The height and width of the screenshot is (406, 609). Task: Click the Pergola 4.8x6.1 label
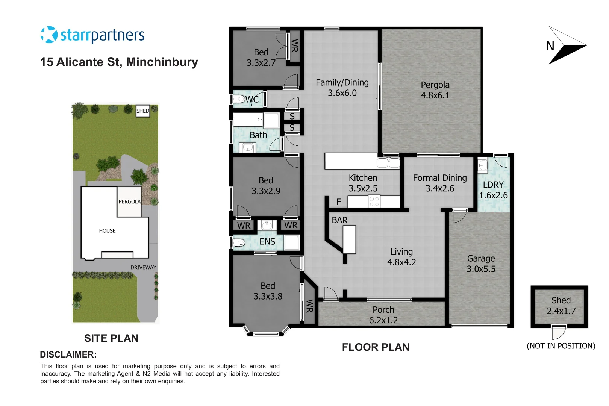(435, 90)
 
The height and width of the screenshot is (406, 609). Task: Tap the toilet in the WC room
(238, 99)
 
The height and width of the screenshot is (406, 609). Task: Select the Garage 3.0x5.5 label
(481, 264)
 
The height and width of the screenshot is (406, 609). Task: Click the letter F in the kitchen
(339, 202)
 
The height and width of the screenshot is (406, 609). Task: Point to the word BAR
(339, 220)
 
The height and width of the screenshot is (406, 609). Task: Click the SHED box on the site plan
(143, 111)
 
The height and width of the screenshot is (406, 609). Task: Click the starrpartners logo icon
(49, 35)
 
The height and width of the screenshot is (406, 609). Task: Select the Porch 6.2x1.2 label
(383, 315)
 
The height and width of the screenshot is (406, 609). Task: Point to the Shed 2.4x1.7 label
(561, 306)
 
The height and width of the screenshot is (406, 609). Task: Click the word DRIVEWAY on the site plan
(143, 267)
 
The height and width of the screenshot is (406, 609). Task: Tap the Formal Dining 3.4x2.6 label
(440, 183)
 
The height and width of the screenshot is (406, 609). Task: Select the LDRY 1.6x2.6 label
(493, 190)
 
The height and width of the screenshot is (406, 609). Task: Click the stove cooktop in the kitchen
(374, 201)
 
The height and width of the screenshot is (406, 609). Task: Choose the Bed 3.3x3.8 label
(268, 291)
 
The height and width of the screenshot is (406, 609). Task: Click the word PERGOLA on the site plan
(130, 202)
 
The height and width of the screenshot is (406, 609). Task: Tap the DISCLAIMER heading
(68, 354)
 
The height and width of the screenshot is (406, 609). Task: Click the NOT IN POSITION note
(561, 346)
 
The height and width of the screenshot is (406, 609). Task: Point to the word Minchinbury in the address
(162, 62)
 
